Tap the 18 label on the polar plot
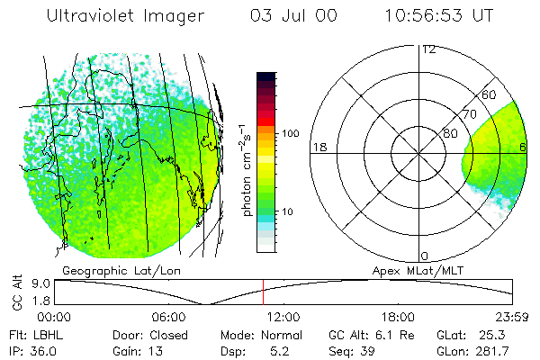click(318, 147)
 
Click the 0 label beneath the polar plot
click(425, 256)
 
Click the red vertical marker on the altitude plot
click(263, 292)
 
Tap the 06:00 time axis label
click(168, 317)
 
